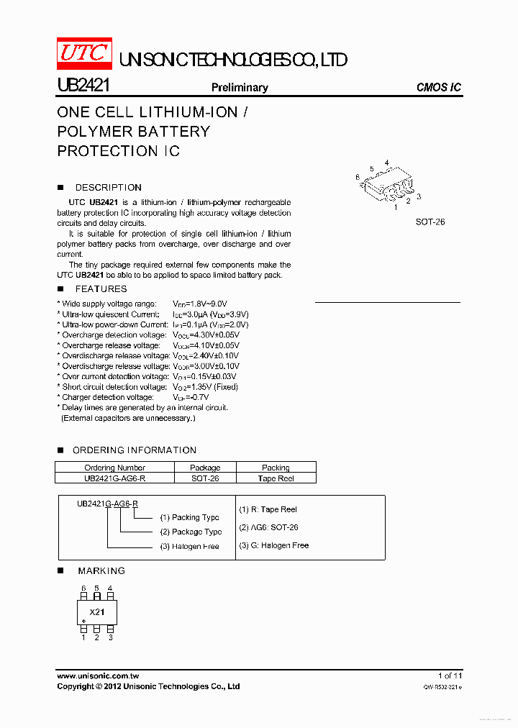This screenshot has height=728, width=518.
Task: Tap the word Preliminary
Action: (x=239, y=88)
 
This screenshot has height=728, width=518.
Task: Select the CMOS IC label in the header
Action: (x=439, y=88)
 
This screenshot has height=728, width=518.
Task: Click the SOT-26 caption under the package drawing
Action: (x=430, y=222)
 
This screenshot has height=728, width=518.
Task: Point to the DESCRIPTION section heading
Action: (x=108, y=188)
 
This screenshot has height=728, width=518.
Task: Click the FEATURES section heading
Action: (x=101, y=289)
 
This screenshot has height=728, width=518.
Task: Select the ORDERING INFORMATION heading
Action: (x=135, y=450)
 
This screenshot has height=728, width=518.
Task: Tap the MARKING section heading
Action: (x=101, y=570)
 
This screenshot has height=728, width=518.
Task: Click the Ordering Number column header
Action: (x=114, y=468)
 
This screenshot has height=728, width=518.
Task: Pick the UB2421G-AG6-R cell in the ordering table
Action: (x=114, y=478)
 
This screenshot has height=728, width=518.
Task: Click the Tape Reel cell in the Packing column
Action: (x=276, y=478)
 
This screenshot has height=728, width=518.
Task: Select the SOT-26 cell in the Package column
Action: (x=205, y=478)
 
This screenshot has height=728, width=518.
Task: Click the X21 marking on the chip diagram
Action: (x=97, y=612)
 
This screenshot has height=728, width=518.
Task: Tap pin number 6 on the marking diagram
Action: (x=83, y=588)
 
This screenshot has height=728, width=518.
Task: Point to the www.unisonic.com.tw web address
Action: (x=98, y=675)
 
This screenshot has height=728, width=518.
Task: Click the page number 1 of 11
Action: (x=450, y=675)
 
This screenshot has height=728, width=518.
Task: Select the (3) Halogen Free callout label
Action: (x=191, y=547)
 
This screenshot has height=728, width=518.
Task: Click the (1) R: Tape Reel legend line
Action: (x=268, y=509)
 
